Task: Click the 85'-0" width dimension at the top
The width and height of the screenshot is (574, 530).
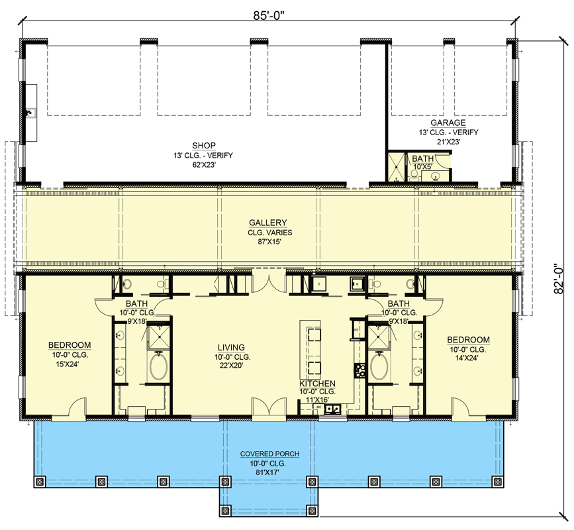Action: coord(269,16)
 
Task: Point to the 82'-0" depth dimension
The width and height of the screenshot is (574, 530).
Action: coord(558,278)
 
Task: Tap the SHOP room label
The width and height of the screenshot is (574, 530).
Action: coord(204,145)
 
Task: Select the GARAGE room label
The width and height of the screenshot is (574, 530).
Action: coord(448,123)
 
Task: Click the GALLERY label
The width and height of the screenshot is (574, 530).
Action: coord(268,223)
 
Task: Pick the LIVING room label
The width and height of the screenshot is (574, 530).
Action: coord(231,348)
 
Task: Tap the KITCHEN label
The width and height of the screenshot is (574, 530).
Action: coord(317,384)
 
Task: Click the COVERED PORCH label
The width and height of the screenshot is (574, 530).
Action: coord(270,454)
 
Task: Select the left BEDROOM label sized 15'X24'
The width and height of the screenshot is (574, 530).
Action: coord(70,345)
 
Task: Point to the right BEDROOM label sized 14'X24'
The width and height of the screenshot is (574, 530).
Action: coord(469,340)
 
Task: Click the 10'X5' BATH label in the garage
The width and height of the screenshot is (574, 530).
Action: coord(423,158)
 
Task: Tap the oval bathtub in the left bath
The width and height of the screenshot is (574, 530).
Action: coord(158,366)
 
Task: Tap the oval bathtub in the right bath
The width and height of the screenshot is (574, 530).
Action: coord(379,366)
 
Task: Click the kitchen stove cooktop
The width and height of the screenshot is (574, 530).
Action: coord(359,370)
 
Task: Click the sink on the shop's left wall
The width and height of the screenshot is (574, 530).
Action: coord(30,113)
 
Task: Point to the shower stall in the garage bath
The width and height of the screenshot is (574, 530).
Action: coord(397,168)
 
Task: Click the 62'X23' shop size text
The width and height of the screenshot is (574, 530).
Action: coord(204,165)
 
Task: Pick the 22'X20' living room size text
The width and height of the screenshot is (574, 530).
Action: coord(231,365)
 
